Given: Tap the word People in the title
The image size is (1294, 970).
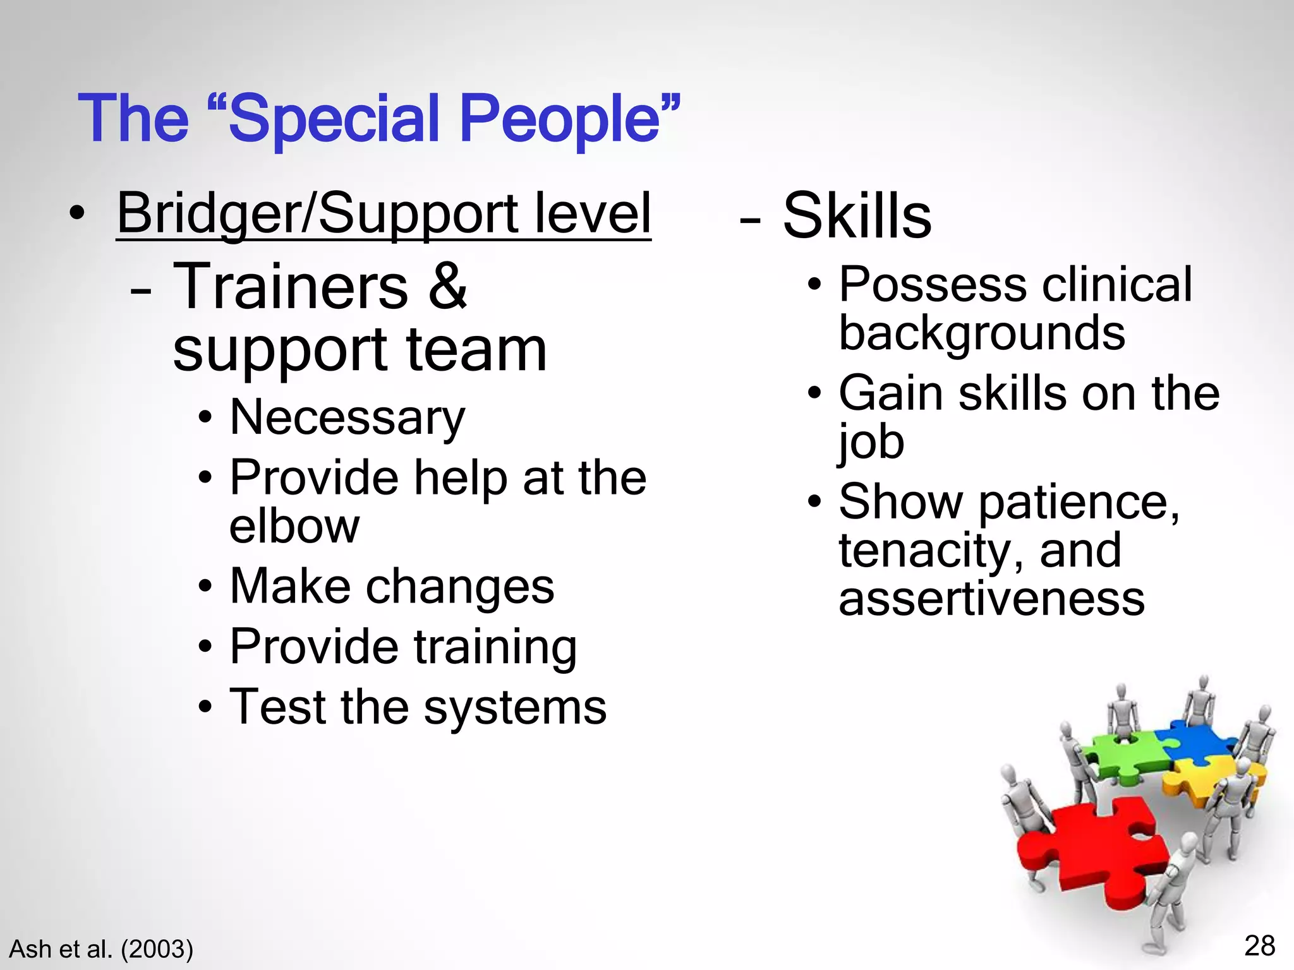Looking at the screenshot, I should point(560,119).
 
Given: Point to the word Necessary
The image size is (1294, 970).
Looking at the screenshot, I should point(348,418).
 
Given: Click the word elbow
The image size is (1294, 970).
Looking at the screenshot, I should point(294,525).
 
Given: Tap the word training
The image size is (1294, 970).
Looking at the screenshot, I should point(495,647).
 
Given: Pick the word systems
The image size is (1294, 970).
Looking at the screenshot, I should point(515,707).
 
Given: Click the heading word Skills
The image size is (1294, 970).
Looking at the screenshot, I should point(857,216).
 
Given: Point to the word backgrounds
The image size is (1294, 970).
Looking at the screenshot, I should point(982,333).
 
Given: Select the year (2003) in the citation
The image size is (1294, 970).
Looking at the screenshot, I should point(157,949).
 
